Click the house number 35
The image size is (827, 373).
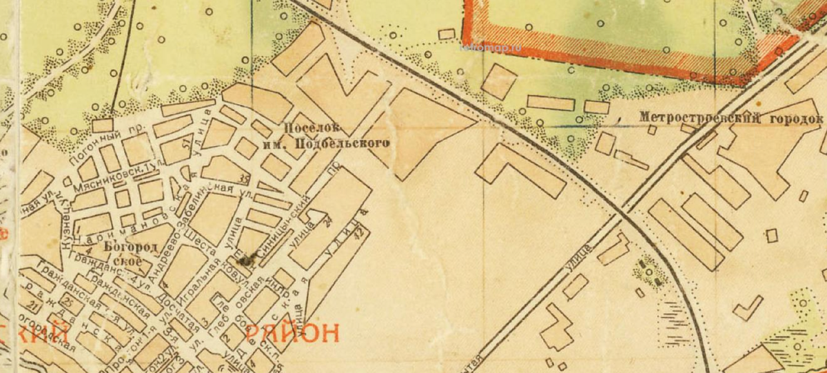click(242, 179)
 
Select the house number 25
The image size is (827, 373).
click(68, 302)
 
